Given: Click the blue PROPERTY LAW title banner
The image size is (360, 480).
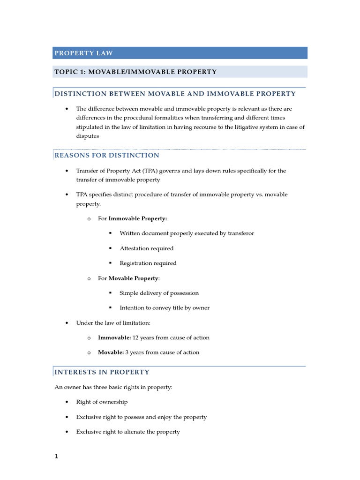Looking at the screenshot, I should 180,53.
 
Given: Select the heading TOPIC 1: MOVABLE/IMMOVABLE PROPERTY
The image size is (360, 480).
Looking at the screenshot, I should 135,72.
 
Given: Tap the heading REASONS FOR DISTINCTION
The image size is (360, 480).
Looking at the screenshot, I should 107,155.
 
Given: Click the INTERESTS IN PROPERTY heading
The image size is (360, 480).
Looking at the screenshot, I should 102,372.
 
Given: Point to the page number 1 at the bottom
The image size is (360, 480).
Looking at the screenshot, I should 56,457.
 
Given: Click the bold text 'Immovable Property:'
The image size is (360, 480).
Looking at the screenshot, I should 138,218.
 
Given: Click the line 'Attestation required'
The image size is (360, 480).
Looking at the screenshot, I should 146,248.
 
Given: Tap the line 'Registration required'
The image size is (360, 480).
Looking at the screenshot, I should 148,263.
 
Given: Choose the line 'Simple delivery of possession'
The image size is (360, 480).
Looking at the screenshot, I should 159,293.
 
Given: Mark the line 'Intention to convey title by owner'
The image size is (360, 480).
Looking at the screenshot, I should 165,308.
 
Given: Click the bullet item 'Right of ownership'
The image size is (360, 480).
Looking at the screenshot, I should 102,402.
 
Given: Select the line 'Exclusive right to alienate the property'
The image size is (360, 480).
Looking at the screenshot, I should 128,432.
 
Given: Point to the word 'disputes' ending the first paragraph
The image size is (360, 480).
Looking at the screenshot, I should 88,136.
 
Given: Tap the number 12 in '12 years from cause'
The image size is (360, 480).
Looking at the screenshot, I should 136,337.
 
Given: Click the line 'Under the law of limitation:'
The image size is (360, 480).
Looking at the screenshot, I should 113,323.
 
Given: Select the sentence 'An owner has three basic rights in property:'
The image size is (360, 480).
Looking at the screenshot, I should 113,387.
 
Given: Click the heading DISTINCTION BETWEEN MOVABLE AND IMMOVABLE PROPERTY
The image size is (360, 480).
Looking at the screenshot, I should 175,94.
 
